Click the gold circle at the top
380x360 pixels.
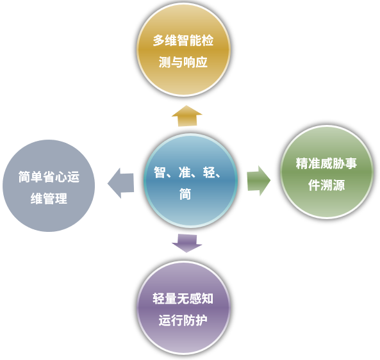point(183,49)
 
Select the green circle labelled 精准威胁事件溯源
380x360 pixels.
point(326,172)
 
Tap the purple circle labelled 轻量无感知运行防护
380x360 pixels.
point(183,307)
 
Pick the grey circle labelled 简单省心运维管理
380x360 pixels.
point(49,186)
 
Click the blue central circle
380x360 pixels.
point(190,181)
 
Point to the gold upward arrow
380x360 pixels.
point(187,116)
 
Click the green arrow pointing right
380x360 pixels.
point(259,181)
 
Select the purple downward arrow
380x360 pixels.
point(187,243)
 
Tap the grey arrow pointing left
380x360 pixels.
point(120,183)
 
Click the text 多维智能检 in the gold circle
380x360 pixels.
point(183,40)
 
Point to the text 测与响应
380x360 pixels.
point(183,62)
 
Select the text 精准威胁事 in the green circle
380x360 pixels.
point(326,163)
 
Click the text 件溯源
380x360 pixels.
point(326,185)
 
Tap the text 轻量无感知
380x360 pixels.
point(183,299)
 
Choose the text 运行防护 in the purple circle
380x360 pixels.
point(183,320)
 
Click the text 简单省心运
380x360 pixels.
point(49,177)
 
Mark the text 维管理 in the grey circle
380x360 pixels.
point(49,199)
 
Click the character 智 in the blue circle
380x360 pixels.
point(160,172)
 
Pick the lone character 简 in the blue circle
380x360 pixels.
point(185,194)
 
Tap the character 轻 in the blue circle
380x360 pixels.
point(209,172)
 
